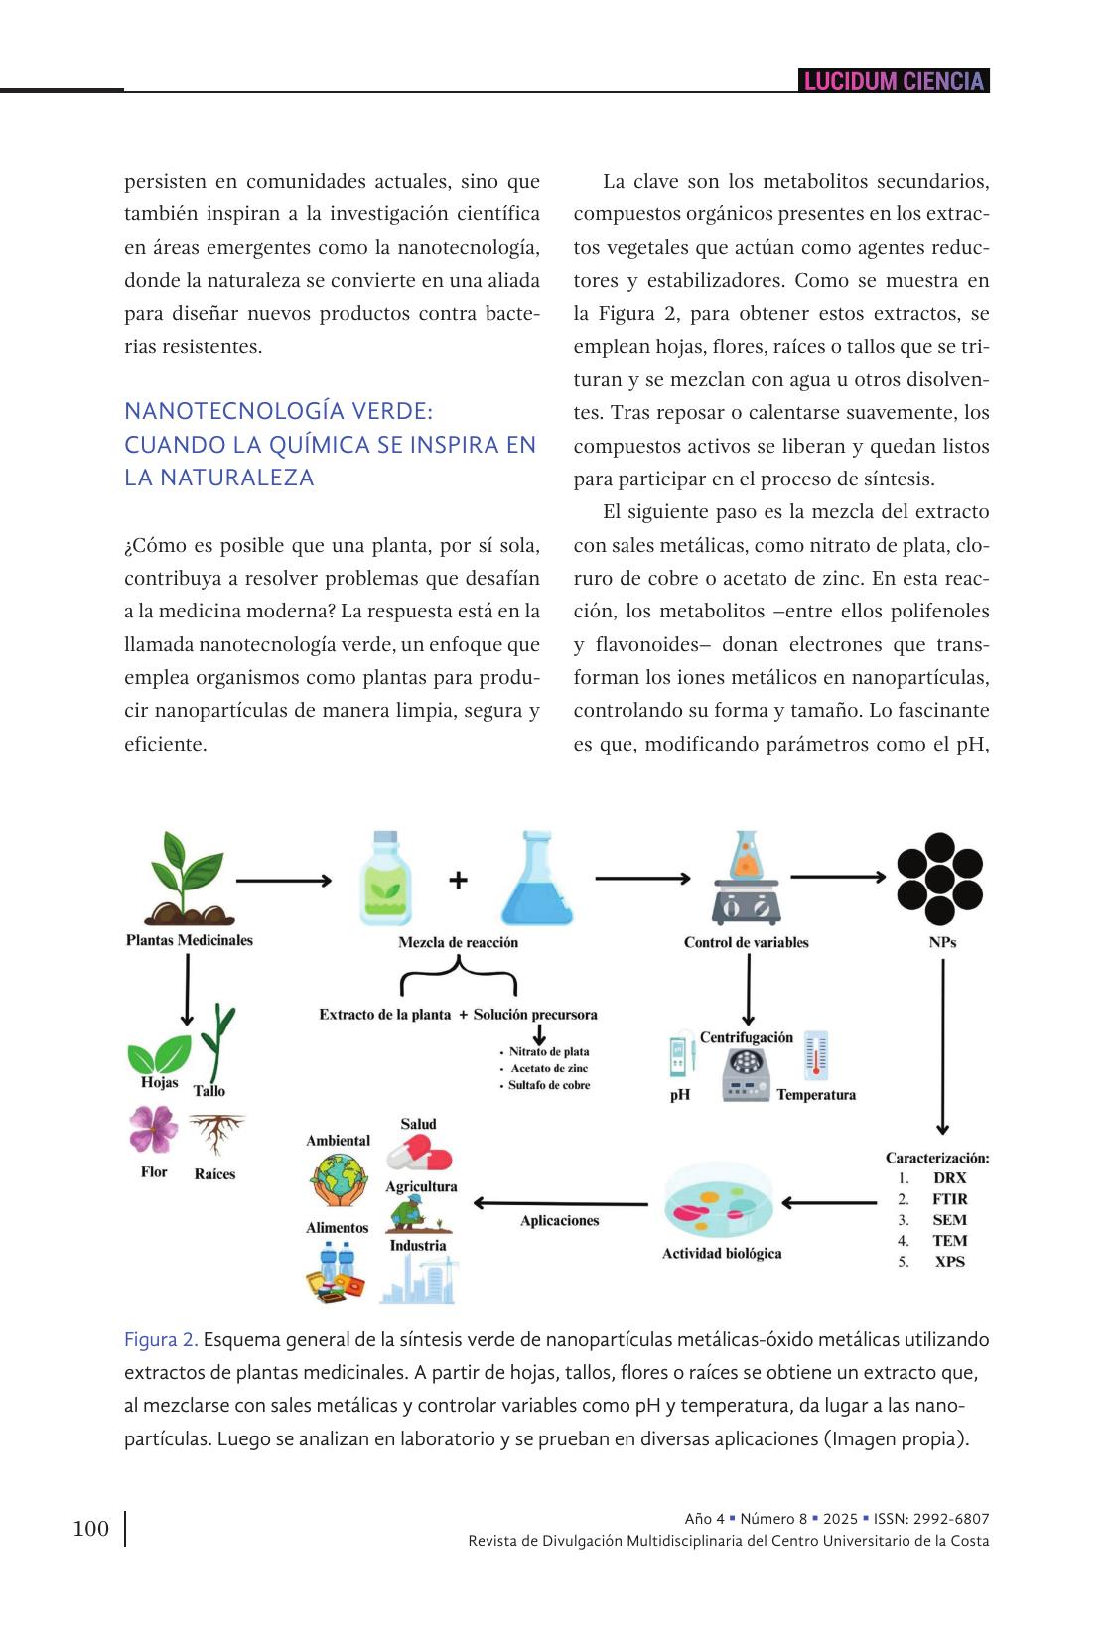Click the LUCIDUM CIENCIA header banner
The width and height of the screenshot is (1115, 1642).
pos(894,81)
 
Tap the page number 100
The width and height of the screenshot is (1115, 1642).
pos(91,1528)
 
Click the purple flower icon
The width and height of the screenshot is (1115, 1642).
pos(153,1129)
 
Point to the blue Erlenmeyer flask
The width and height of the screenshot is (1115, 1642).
pos(537,880)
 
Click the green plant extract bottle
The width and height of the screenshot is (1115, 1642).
pos(385,880)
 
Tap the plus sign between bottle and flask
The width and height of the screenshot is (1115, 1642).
pos(458,880)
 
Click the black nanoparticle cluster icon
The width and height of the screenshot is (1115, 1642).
pos(939,879)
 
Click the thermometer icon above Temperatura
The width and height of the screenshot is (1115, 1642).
pos(816,1055)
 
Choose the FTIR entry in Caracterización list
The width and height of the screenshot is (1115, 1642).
pos(950,1199)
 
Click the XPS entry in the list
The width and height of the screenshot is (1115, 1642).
pos(950,1262)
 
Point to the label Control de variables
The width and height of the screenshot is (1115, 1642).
pos(746,942)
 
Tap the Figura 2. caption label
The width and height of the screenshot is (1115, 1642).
pos(161,1340)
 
